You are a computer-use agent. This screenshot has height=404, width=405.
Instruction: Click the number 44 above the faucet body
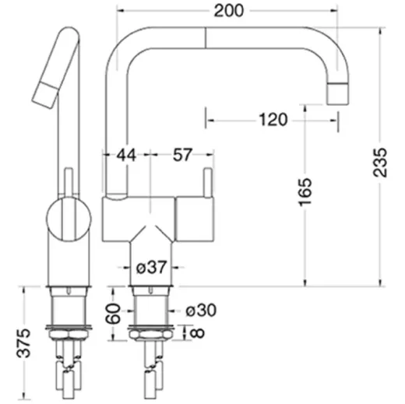(126, 156)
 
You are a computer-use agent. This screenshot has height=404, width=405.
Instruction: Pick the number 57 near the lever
(181, 156)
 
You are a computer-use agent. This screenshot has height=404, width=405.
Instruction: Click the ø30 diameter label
(200, 311)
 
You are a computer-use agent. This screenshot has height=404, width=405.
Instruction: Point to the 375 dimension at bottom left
(26, 343)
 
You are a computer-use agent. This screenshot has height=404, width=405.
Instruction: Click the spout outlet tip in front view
(338, 93)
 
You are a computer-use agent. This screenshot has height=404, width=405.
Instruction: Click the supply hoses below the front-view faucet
(149, 374)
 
